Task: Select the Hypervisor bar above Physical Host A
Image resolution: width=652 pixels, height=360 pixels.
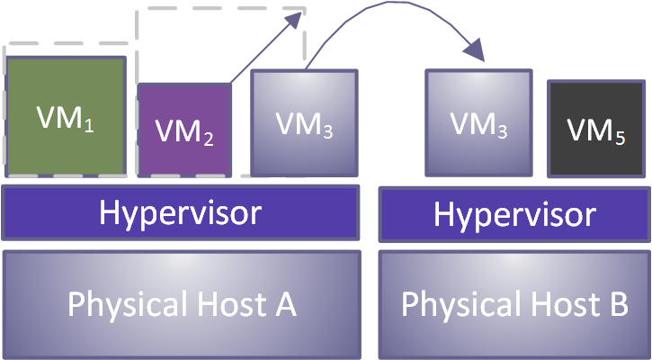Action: tap(181, 212)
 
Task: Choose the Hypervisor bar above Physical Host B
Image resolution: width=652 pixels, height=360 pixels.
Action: tap(514, 214)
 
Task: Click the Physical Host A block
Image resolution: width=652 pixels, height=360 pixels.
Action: tap(181, 304)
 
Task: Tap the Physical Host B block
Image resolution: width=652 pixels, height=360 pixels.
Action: tap(514, 304)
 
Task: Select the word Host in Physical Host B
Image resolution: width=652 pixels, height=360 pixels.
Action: tap(555, 304)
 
